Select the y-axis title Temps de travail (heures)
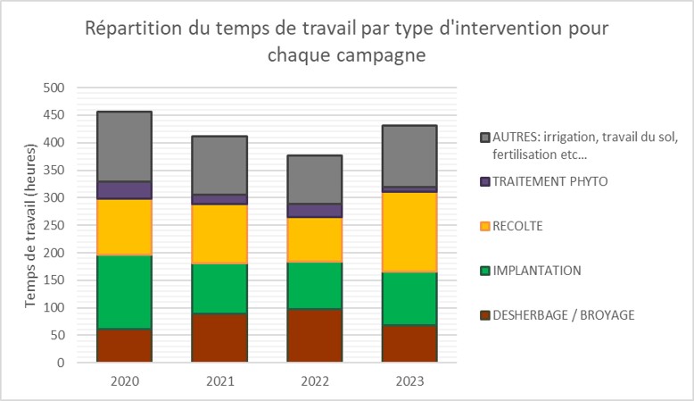(x=30, y=225)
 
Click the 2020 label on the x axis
(x=125, y=381)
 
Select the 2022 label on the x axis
(x=315, y=381)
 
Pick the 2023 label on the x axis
(x=410, y=381)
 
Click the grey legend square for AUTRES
(x=485, y=137)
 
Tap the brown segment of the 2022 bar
(x=315, y=336)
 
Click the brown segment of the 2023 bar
(x=410, y=344)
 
